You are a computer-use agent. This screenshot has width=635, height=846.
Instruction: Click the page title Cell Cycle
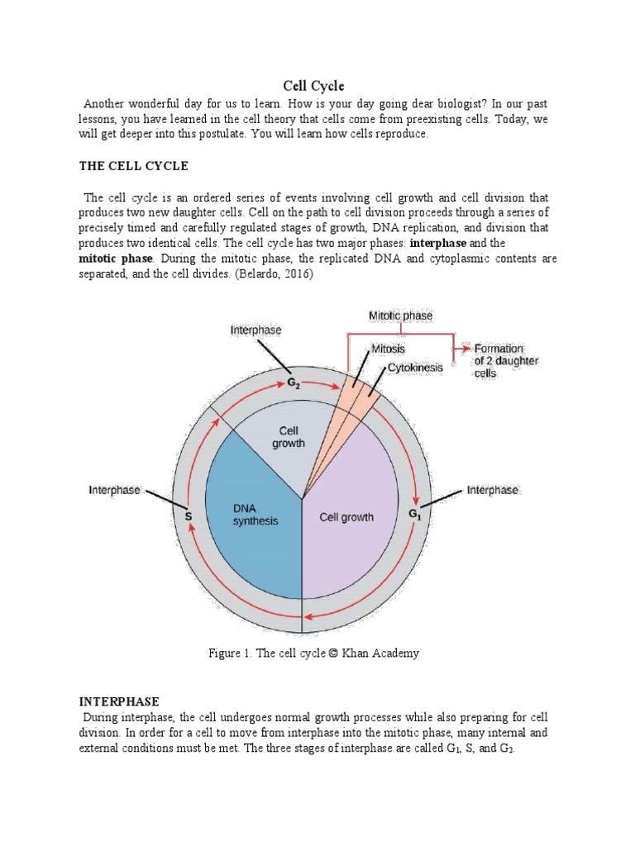(x=313, y=86)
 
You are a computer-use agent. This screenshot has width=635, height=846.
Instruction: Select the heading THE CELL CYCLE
(x=134, y=166)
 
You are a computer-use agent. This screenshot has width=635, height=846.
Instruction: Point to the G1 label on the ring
(x=415, y=514)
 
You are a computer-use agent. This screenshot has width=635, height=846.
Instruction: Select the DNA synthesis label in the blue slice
(x=255, y=515)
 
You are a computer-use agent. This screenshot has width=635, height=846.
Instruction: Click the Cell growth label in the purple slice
(x=346, y=518)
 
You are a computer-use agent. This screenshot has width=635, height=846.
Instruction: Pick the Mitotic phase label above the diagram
(x=400, y=316)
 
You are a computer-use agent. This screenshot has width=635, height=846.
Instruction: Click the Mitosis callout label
(x=388, y=349)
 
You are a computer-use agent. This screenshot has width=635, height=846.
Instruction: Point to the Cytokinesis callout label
(x=415, y=367)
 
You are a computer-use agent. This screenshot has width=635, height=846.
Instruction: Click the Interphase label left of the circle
(x=114, y=490)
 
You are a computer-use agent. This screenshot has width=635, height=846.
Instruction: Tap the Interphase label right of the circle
(x=493, y=490)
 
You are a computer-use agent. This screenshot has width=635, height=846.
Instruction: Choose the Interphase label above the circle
(x=255, y=330)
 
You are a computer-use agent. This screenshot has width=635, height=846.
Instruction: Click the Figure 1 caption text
(x=313, y=653)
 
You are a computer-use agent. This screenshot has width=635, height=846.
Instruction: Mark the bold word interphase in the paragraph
(x=437, y=244)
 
